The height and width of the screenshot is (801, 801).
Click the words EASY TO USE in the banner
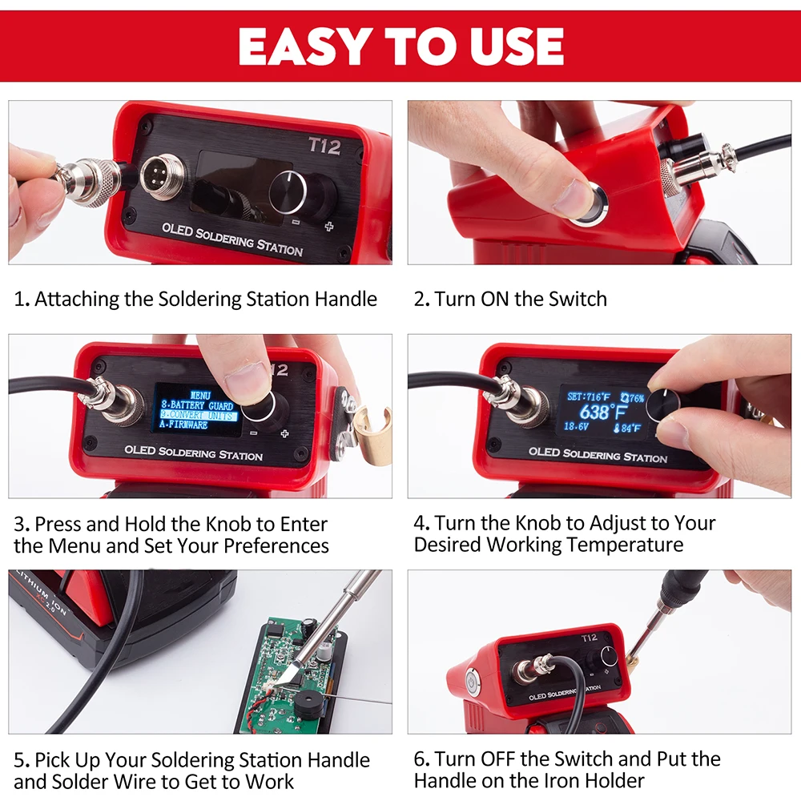(400, 46)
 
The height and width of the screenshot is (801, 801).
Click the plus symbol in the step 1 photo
(328, 227)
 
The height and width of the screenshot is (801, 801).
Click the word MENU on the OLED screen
(200, 395)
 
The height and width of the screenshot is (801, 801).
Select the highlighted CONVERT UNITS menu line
(197, 416)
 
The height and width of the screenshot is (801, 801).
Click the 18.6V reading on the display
(576, 428)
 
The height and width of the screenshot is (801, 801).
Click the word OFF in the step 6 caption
(501, 759)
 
